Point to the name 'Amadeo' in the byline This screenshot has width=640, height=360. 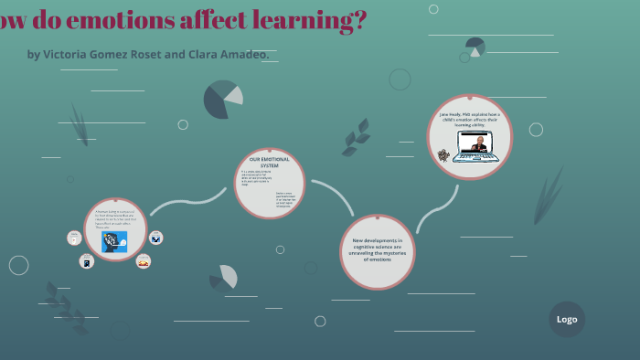pyautogui.click(x=242, y=54)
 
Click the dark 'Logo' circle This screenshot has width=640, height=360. pyautogui.click(x=567, y=319)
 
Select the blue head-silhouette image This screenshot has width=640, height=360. pyautogui.click(x=114, y=240)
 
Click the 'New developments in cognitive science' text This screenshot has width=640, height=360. pyautogui.click(x=378, y=249)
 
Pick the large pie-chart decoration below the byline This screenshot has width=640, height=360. pyautogui.click(x=223, y=100)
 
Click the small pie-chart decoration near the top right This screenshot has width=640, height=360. pyautogui.click(x=475, y=46)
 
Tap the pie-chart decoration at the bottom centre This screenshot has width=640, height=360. pyautogui.click(x=223, y=277)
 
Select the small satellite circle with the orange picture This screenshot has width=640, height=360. pyautogui.click(x=143, y=261)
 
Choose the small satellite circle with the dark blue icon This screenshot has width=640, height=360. pyautogui.click(x=156, y=238)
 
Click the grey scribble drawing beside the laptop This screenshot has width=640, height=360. pyautogui.click(x=444, y=154)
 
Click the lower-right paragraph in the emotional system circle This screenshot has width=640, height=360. pyautogui.click(x=286, y=199)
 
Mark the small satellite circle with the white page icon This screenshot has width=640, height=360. pyautogui.click(x=75, y=238)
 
